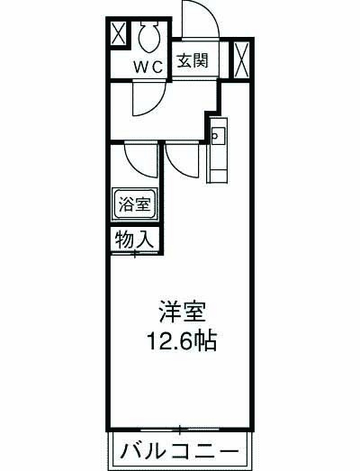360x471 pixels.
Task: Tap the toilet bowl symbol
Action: tap(149, 38)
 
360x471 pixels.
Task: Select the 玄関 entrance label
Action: tap(193, 61)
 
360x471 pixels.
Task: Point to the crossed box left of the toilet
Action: tap(118, 35)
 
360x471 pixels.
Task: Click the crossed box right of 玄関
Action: tap(239, 59)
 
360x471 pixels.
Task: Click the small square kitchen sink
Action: tap(217, 135)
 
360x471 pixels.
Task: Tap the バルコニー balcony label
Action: tap(179, 450)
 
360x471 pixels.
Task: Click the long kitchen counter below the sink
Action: tap(217, 162)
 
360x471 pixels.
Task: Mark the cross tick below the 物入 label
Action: tap(135, 254)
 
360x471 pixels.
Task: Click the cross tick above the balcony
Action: tap(180, 427)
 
